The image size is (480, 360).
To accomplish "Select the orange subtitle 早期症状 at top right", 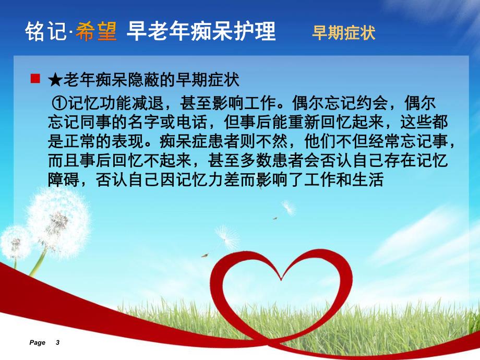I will click(x=343, y=33).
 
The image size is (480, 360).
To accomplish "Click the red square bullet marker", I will click(x=36, y=79).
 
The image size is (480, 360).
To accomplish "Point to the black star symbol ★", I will click(x=54, y=80).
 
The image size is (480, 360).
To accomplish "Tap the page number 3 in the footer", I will click(x=57, y=343).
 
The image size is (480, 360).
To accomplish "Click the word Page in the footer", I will click(x=38, y=343).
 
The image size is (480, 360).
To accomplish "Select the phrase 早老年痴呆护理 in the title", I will click(x=201, y=32).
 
